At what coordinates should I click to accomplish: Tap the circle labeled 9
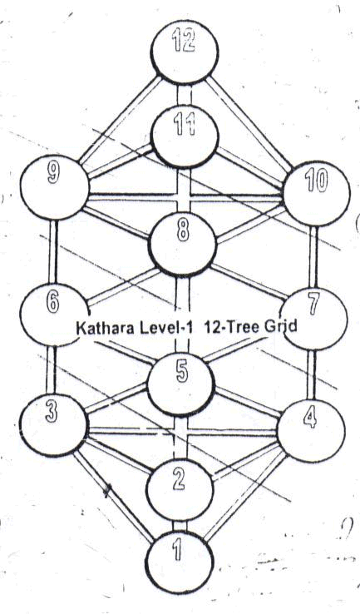click(x=54, y=186)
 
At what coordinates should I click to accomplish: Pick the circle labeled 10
click(x=316, y=193)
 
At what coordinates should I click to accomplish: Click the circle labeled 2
click(x=180, y=490)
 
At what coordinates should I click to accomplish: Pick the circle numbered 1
click(x=180, y=562)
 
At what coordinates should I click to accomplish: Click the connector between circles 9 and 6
click(x=52, y=252)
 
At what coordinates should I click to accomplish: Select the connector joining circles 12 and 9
click(x=120, y=120)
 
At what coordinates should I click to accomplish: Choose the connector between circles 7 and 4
click(x=311, y=374)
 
